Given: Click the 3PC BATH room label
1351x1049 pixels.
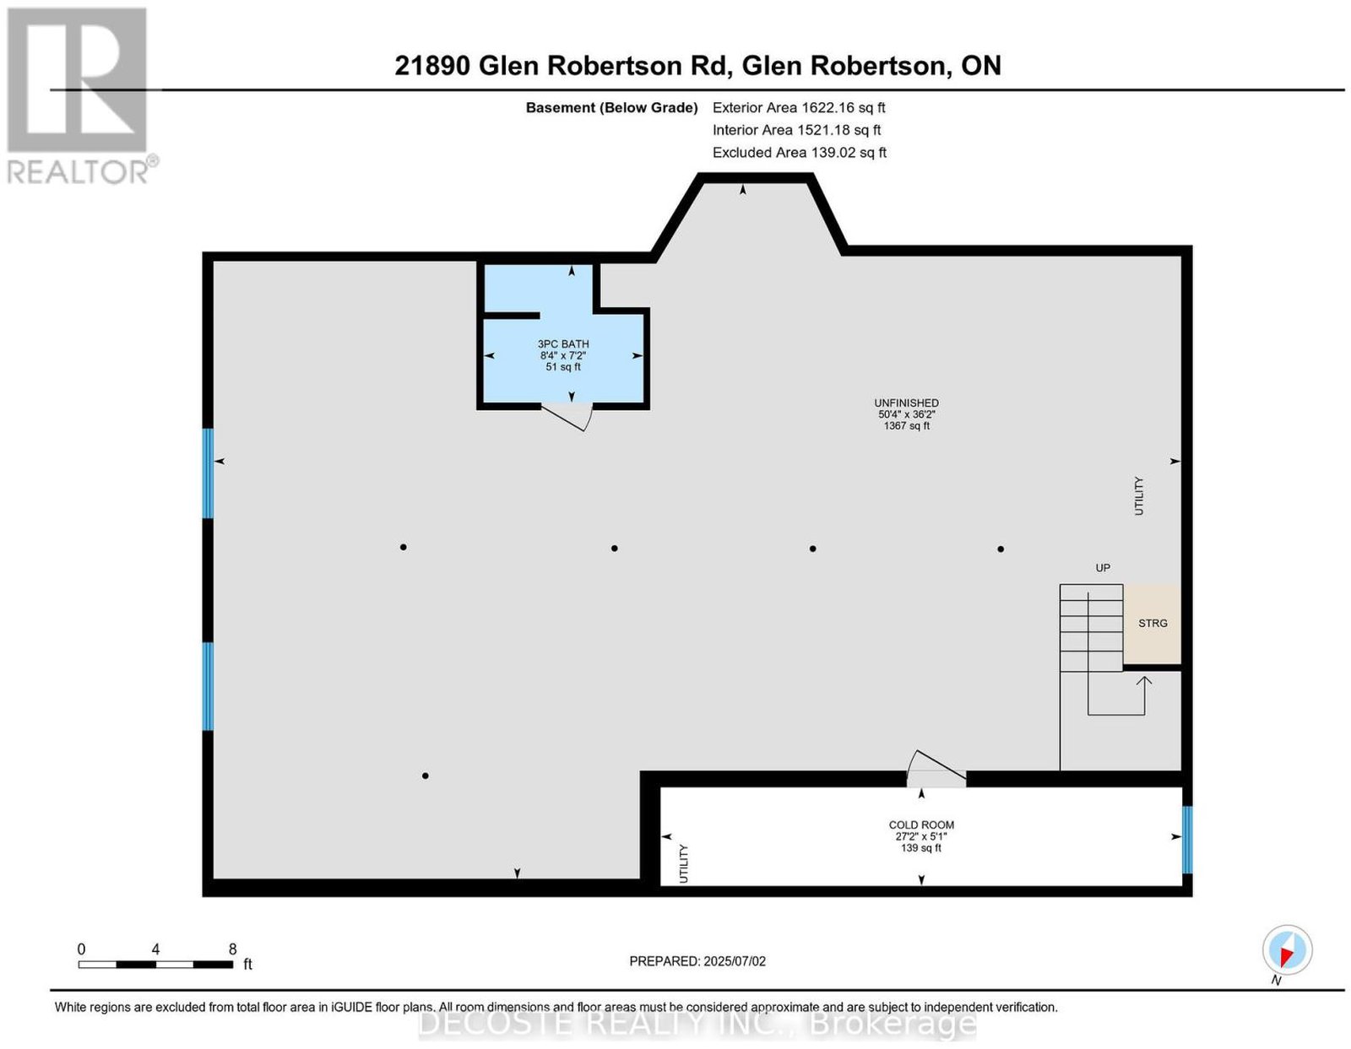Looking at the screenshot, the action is pyautogui.click(x=562, y=343).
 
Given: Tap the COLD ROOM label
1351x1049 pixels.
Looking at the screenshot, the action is pyautogui.click(x=920, y=825).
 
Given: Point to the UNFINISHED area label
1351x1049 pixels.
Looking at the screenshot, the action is pyautogui.click(x=906, y=403).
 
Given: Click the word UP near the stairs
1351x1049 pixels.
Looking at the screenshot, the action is pyautogui.click(x=1102, y=568).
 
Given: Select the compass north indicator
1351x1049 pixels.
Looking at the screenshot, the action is pyautogui.click(x=1287, y=951).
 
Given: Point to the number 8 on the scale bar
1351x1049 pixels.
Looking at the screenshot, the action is pyautogui.click(x=232, y=949).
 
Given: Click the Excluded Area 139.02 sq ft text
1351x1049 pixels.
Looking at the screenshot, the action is pyautogui.click(x=799, y=152).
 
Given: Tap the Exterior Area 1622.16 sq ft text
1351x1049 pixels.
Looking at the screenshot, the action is pyautogui.click(x=798, y=107).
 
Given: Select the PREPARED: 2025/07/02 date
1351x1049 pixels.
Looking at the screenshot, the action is pyautogui.click(x=697, y=960).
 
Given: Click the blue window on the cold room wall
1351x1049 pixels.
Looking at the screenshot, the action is pyautogui.click(x=1187, y=839).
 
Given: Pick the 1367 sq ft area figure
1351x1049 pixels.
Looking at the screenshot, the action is pyautogui.click(x=906, y=426).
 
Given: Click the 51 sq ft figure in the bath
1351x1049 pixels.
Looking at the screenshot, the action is pyautogui.click(x=562, y=367).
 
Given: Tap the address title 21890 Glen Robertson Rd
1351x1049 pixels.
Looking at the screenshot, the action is pyautogui.click(x=562, y=65).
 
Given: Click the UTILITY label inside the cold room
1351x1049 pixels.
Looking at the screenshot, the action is pyautogui.click(x=684, y=863).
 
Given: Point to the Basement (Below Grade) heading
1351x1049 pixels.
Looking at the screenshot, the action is pyautogui.click(x=612, y=107).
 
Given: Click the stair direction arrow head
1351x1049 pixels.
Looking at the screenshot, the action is pyautogui.click(x=1144, y=681).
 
